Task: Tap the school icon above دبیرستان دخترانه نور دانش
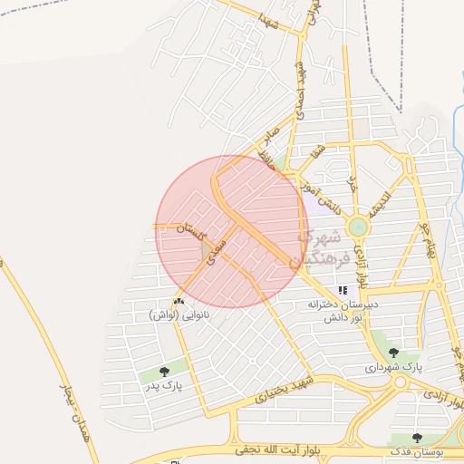tap(343, 291)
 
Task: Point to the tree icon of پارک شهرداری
tap(393, 353)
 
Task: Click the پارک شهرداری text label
tap(394, 367)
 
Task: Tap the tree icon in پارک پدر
tap(164, 371)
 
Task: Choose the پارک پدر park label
tap(162, 385)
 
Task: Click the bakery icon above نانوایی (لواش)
tap(178, 300)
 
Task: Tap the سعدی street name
tap(214, 251)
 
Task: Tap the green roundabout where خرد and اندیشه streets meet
tap(358, 227)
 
